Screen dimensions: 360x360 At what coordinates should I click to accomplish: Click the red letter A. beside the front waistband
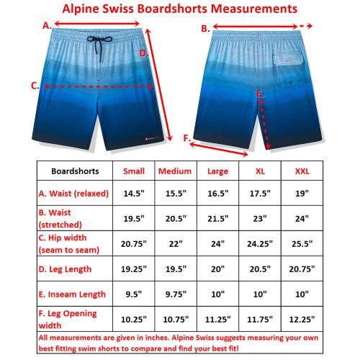click(48, 24)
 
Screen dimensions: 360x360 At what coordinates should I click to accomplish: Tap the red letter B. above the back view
click(204, 29)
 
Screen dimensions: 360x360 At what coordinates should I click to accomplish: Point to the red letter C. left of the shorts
click(35, 86)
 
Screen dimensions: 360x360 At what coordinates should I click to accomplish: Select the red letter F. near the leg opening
click(188, 138)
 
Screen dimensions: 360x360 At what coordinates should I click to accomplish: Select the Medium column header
click(174, 171)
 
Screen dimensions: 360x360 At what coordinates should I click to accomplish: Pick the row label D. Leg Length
click(66, 269)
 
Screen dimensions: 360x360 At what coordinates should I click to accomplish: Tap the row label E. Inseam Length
click(72, 294)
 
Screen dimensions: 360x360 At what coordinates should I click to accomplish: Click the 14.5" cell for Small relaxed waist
click(134, 194)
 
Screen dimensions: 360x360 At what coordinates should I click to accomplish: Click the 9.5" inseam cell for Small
click(134, 294)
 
